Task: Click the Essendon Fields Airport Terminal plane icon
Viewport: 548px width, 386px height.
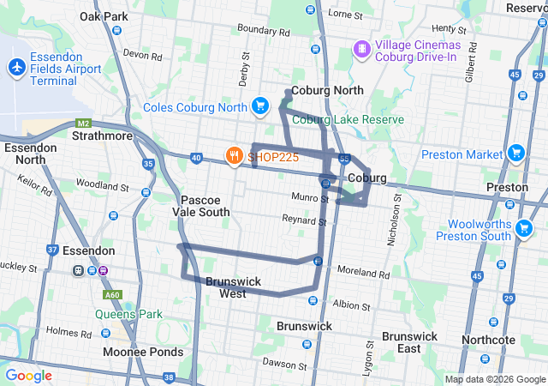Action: pos(16,66)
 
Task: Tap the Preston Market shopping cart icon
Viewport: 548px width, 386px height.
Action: pos(515,154)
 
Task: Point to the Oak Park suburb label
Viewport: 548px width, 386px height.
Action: pos(104,16)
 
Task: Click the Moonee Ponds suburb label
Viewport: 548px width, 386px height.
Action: pos(143,352)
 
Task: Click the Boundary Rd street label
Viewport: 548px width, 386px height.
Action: pos(264,29)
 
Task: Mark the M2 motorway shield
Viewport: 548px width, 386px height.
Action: pos(83,123)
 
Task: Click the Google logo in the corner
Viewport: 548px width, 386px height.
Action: pos(28,376)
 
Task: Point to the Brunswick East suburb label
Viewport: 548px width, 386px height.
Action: pos(412,342)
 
